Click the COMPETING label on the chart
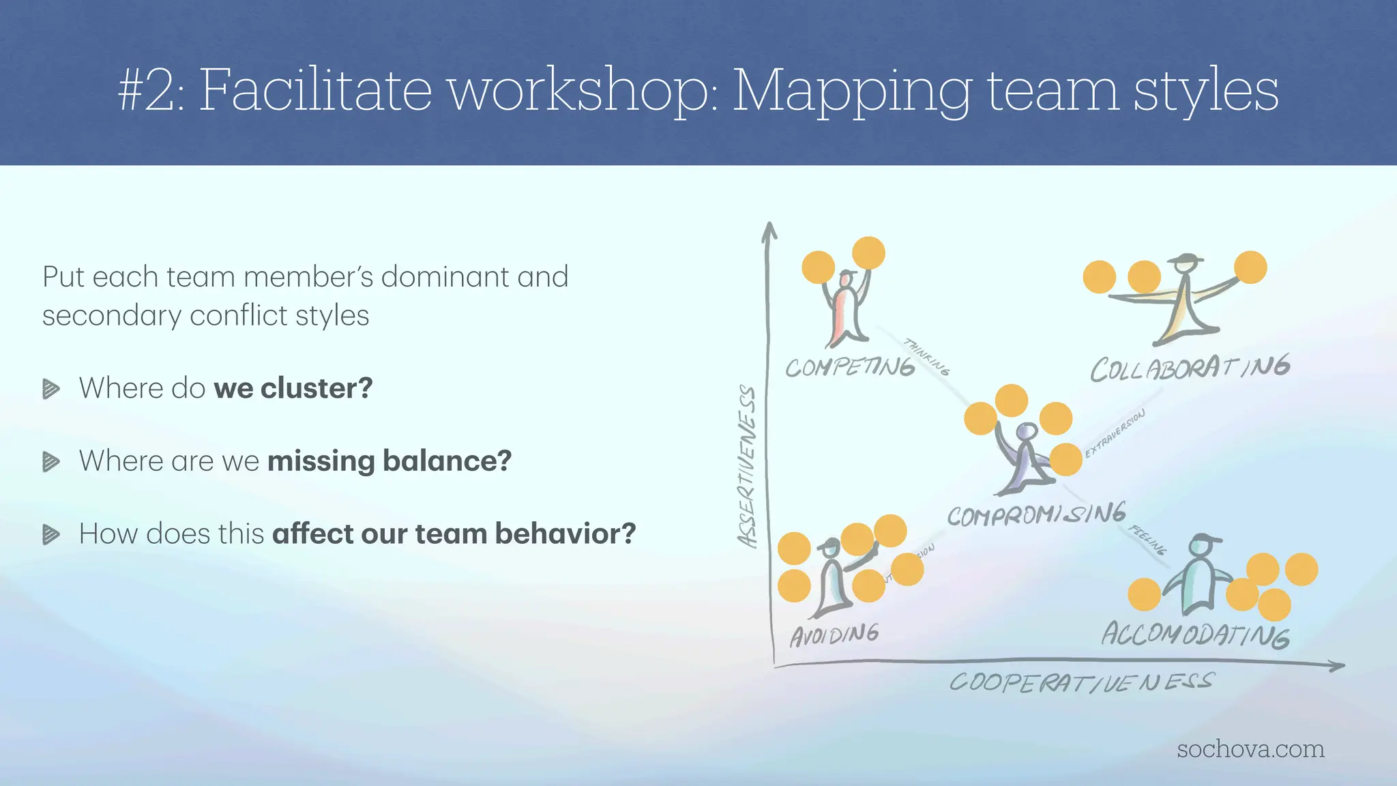[849, 367]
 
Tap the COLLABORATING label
[1190, 368]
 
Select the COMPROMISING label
[1036, 514]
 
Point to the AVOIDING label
[834, 635]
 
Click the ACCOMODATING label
[1195, 635]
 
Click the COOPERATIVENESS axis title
[1081, 682]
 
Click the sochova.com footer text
[1250, 748]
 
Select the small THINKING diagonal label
[926, 356]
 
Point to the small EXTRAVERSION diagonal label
[1115, 433]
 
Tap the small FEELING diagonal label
[1148, 540]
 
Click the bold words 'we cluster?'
[293, 388]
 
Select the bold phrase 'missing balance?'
[389, 461]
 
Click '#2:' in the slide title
[151, 91]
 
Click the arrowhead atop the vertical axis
[769, 230]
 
